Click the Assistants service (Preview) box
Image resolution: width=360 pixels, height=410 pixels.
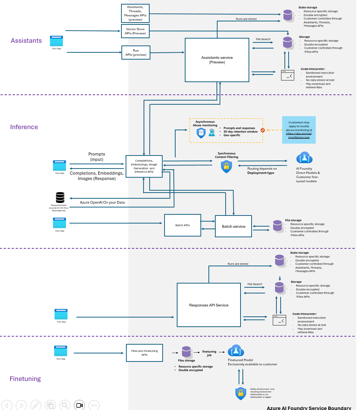[x=217, y=60]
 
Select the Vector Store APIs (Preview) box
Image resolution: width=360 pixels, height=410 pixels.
[x=135, y=31]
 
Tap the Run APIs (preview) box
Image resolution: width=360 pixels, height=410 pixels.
[x=136, y=53]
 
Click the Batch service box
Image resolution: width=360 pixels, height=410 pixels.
[x=233, y=226]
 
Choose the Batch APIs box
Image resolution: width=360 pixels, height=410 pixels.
[x=182, y=225]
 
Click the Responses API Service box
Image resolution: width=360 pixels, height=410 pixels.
[x=208, y=305]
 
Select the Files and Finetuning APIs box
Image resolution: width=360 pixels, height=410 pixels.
[x=144, y=353]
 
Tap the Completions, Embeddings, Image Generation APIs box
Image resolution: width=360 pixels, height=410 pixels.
[x=144, y=166]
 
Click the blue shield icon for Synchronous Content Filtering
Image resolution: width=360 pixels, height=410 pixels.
[x=226, y=166]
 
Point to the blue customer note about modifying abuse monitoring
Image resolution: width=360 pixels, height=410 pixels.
[x=299, y=130]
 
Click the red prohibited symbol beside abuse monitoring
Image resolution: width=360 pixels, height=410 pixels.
[x=263, y=130]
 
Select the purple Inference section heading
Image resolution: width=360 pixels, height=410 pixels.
[x=24, y=127]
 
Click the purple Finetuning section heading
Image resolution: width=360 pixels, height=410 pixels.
[x=25, y=379]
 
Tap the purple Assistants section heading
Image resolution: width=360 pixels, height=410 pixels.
[x=26, y=41]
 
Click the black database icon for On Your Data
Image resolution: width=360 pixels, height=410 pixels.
[x=60, y=197]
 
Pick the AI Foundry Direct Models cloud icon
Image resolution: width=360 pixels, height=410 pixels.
[x=304, y=158]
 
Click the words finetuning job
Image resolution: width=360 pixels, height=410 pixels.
[x=209, y=353]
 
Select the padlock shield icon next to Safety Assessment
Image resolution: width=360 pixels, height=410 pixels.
[x=241, y=393]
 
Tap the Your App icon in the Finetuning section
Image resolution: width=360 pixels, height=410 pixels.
[x=61, y=351]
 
